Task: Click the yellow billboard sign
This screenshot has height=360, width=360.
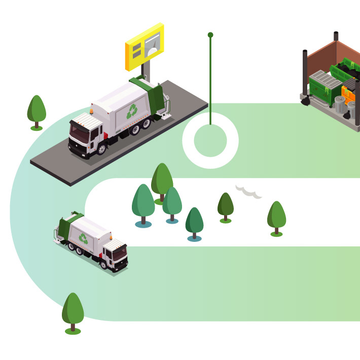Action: (x=145, y=47)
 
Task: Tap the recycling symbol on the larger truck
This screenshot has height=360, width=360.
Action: (x=132, y=111)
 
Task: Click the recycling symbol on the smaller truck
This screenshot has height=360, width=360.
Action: (x=83, y=238)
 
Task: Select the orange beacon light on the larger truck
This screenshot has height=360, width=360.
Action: (x=92, y=110)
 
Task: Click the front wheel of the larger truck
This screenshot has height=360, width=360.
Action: (x=101, y=149)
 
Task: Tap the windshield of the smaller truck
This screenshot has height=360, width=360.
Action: (x=120, y=253)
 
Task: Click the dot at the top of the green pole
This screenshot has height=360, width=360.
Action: (x=210, y=35)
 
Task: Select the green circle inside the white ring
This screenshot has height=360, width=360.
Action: (x=210, y=140)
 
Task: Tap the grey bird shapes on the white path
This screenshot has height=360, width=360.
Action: (x=248, y=191)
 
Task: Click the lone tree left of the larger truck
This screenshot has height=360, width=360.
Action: (x=37, y=111)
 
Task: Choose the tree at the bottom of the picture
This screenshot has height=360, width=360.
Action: (x=73, y=311)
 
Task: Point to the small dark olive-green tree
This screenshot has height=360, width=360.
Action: (x=226, y=206)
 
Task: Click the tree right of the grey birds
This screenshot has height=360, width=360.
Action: (x=276, y=218)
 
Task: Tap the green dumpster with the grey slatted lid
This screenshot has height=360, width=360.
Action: (x=324, y=86)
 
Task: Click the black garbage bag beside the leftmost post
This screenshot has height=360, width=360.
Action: (x=306, y=101)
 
